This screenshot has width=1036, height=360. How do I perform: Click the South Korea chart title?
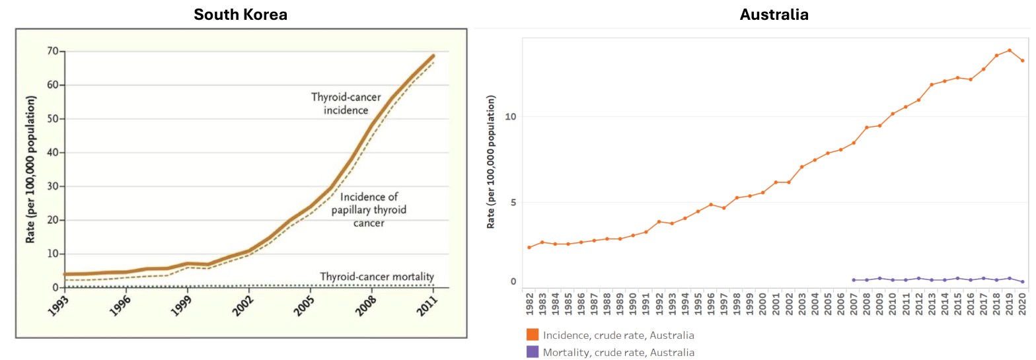(x=240, y=14)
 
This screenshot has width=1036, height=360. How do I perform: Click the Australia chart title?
(x=774, y=14)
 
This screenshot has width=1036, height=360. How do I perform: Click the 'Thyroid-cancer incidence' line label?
(x=346, y=104)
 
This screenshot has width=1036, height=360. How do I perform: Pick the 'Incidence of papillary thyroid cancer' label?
(x=373, y=209)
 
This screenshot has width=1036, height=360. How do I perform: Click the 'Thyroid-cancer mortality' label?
(x=377, y=276)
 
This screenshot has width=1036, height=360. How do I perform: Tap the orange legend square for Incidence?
(x=533, y=335)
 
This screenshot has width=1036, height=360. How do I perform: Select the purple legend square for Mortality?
(x=533, y=352)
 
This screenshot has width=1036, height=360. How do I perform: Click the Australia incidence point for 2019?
(x=1009, y=50)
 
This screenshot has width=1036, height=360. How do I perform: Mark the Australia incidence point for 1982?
(x=529, y=247)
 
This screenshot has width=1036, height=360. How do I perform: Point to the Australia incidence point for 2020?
(x=1022, y=61)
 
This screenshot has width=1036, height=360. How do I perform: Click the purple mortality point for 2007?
(x=854, y=280)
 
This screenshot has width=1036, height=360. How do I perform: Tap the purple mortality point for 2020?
(x=1022, y=282)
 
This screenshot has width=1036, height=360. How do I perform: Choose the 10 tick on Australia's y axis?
(x=509, y=117)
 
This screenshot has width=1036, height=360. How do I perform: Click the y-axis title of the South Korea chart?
(x=30, y=169)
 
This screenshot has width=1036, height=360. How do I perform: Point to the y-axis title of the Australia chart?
(x=490, y=162)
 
